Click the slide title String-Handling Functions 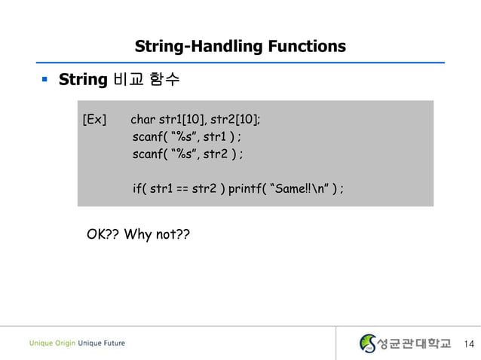tap(240, 47)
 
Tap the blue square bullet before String tap(45, 79)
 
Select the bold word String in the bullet tap(84, 79)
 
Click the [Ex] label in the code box tap(94, 120)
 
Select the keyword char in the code tap(143, 120)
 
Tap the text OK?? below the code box tap(103, 235)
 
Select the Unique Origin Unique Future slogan tap(78, 343)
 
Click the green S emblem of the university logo tap(368, 343)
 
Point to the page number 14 tap(470, 344)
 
